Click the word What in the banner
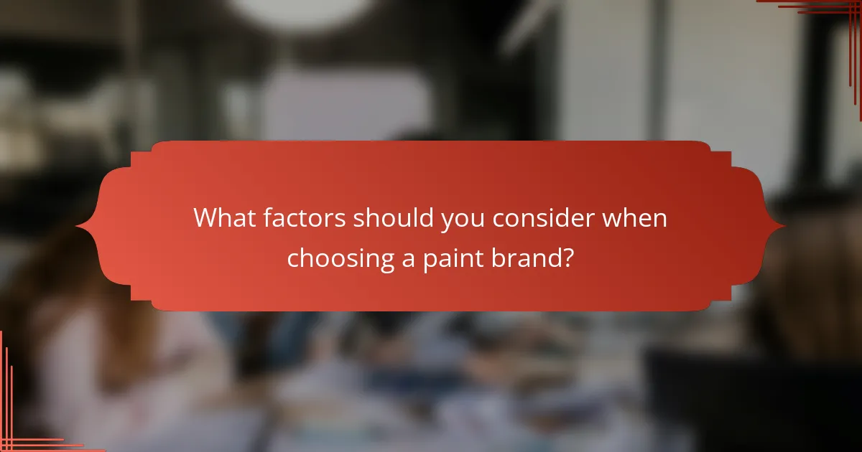click(x=225, y=219)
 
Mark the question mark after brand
click(x=567, y=258)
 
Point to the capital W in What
click(x=205, y=219)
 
